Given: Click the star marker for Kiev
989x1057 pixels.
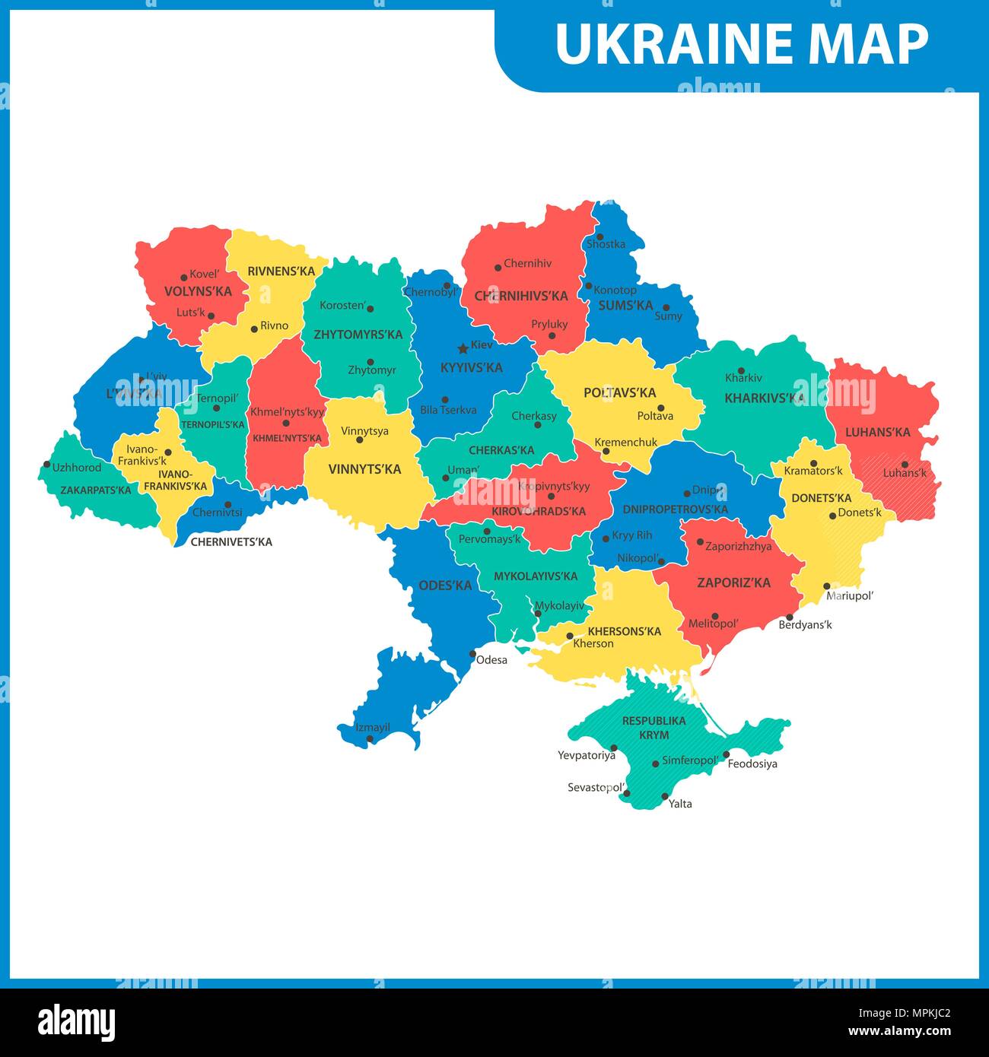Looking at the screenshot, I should pos(462,348).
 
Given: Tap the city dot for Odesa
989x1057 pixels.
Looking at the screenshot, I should pos(472,654).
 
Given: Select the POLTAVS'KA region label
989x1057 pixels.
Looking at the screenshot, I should pos(619,393).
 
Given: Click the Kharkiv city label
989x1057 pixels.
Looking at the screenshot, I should pos(743,378).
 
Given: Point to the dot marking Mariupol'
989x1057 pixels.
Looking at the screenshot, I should pos(828,586).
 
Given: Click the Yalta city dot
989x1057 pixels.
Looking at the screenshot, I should pos(665,797).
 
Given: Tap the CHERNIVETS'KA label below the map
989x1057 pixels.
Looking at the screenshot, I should pos(231,542).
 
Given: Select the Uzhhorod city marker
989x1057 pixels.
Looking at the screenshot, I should pos(47,465).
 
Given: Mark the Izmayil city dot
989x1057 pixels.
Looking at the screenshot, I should pos(370,738).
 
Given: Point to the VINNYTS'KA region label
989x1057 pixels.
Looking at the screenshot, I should pos(364,469).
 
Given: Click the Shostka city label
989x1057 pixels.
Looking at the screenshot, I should pos(606,244).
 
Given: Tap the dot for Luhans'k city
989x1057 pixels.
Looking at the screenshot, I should pos(905,464).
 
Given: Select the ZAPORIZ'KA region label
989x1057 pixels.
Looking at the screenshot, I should pos(733,583).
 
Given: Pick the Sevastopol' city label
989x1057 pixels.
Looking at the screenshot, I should pos(596,788).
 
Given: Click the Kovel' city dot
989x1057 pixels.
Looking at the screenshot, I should pos(183,278).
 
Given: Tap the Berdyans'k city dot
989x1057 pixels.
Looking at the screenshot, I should pos(790,617).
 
